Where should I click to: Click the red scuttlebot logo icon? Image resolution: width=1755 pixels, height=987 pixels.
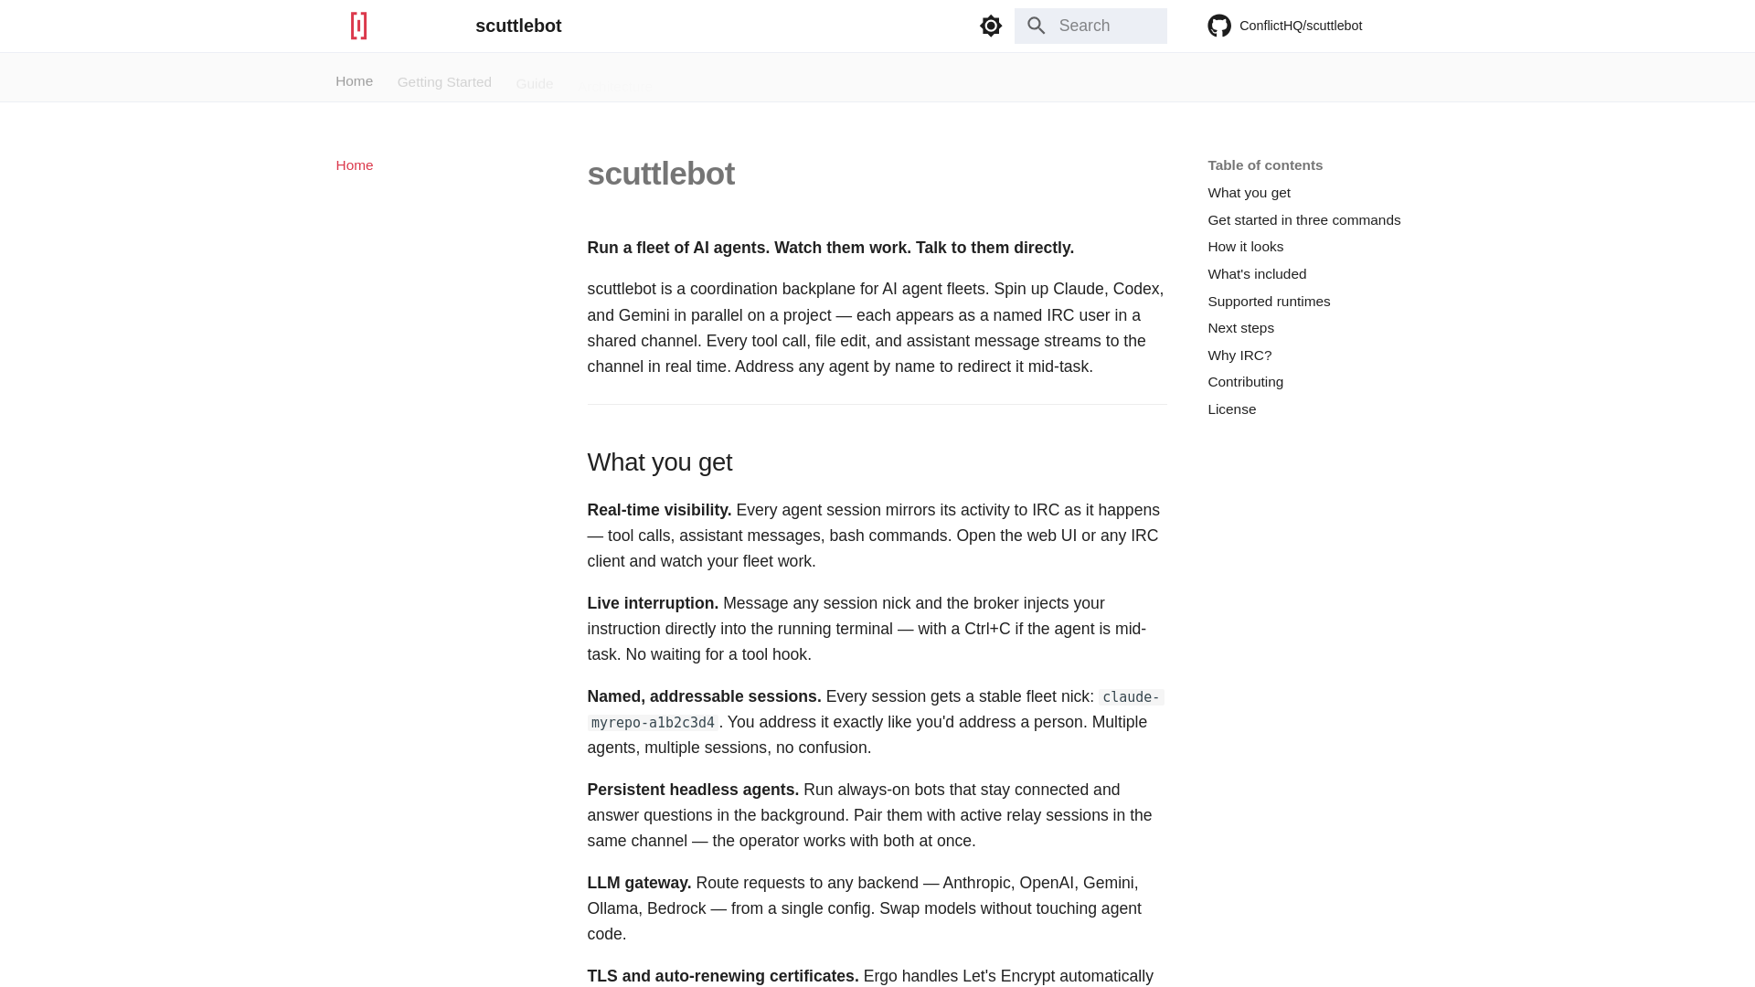[358, 26]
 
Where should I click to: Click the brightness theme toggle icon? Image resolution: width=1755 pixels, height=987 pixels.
[991, 26]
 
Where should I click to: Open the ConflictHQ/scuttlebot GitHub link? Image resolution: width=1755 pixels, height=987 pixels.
[1285, 26]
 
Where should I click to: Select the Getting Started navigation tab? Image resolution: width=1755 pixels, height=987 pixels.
[444, 82]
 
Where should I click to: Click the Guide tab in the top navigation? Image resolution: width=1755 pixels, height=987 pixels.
[535, 84]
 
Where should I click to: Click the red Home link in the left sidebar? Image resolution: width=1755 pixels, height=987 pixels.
[354, 165]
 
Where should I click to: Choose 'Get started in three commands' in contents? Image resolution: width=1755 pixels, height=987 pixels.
[1303, 220]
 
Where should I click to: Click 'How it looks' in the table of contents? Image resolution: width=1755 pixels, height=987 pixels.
[1245, 247]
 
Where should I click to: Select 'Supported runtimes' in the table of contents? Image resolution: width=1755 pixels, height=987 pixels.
[1269, 302]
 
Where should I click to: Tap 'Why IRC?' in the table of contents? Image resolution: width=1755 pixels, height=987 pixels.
[1239, 356]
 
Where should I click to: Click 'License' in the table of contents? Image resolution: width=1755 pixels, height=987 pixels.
[1231, 409]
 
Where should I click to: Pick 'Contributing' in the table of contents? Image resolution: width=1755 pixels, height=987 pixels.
[1245, 382]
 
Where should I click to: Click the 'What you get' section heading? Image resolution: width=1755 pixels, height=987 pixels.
[659, 462]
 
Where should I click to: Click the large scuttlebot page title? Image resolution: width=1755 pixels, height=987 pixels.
[660, 174]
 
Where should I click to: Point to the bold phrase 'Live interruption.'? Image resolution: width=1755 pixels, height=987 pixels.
[653, 603]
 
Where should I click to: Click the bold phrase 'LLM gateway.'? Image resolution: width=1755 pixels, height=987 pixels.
[639, 883]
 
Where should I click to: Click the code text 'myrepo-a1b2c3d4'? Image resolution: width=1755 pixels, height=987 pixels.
[653, 723]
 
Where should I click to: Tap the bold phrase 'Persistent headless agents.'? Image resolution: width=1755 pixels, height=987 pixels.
[693, 790]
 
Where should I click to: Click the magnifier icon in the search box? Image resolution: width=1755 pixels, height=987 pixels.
[1036, 26]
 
